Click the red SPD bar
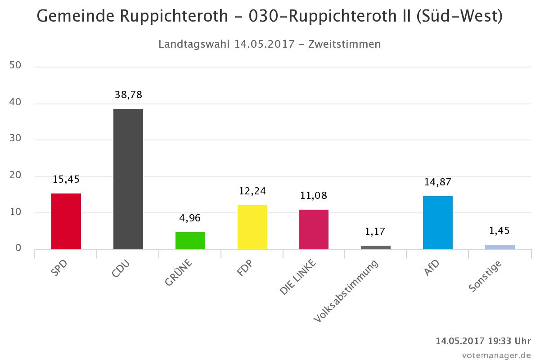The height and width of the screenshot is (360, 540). click(66, 221)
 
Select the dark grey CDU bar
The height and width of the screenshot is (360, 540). click(128, 179)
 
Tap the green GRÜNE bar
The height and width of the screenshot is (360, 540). click(190, 240)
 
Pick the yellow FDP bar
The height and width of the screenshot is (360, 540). click(252, 227)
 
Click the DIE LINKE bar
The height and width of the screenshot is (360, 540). click(314, 229)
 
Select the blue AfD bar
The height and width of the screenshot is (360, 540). click(438, 222)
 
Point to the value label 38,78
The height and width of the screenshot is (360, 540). click(128, 94)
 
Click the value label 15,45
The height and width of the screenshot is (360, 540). click(66, 179)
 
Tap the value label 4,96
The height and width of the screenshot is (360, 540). click(190, 218)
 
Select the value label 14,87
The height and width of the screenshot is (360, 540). click(438, 182)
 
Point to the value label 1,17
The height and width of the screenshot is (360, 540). click(376, 232)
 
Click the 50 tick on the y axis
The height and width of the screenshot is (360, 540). click(15, 66)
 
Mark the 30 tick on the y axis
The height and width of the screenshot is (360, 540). click(15, 139)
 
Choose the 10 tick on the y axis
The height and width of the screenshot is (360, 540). click(15, 211)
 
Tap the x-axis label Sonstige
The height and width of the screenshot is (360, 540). click(485, 276)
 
